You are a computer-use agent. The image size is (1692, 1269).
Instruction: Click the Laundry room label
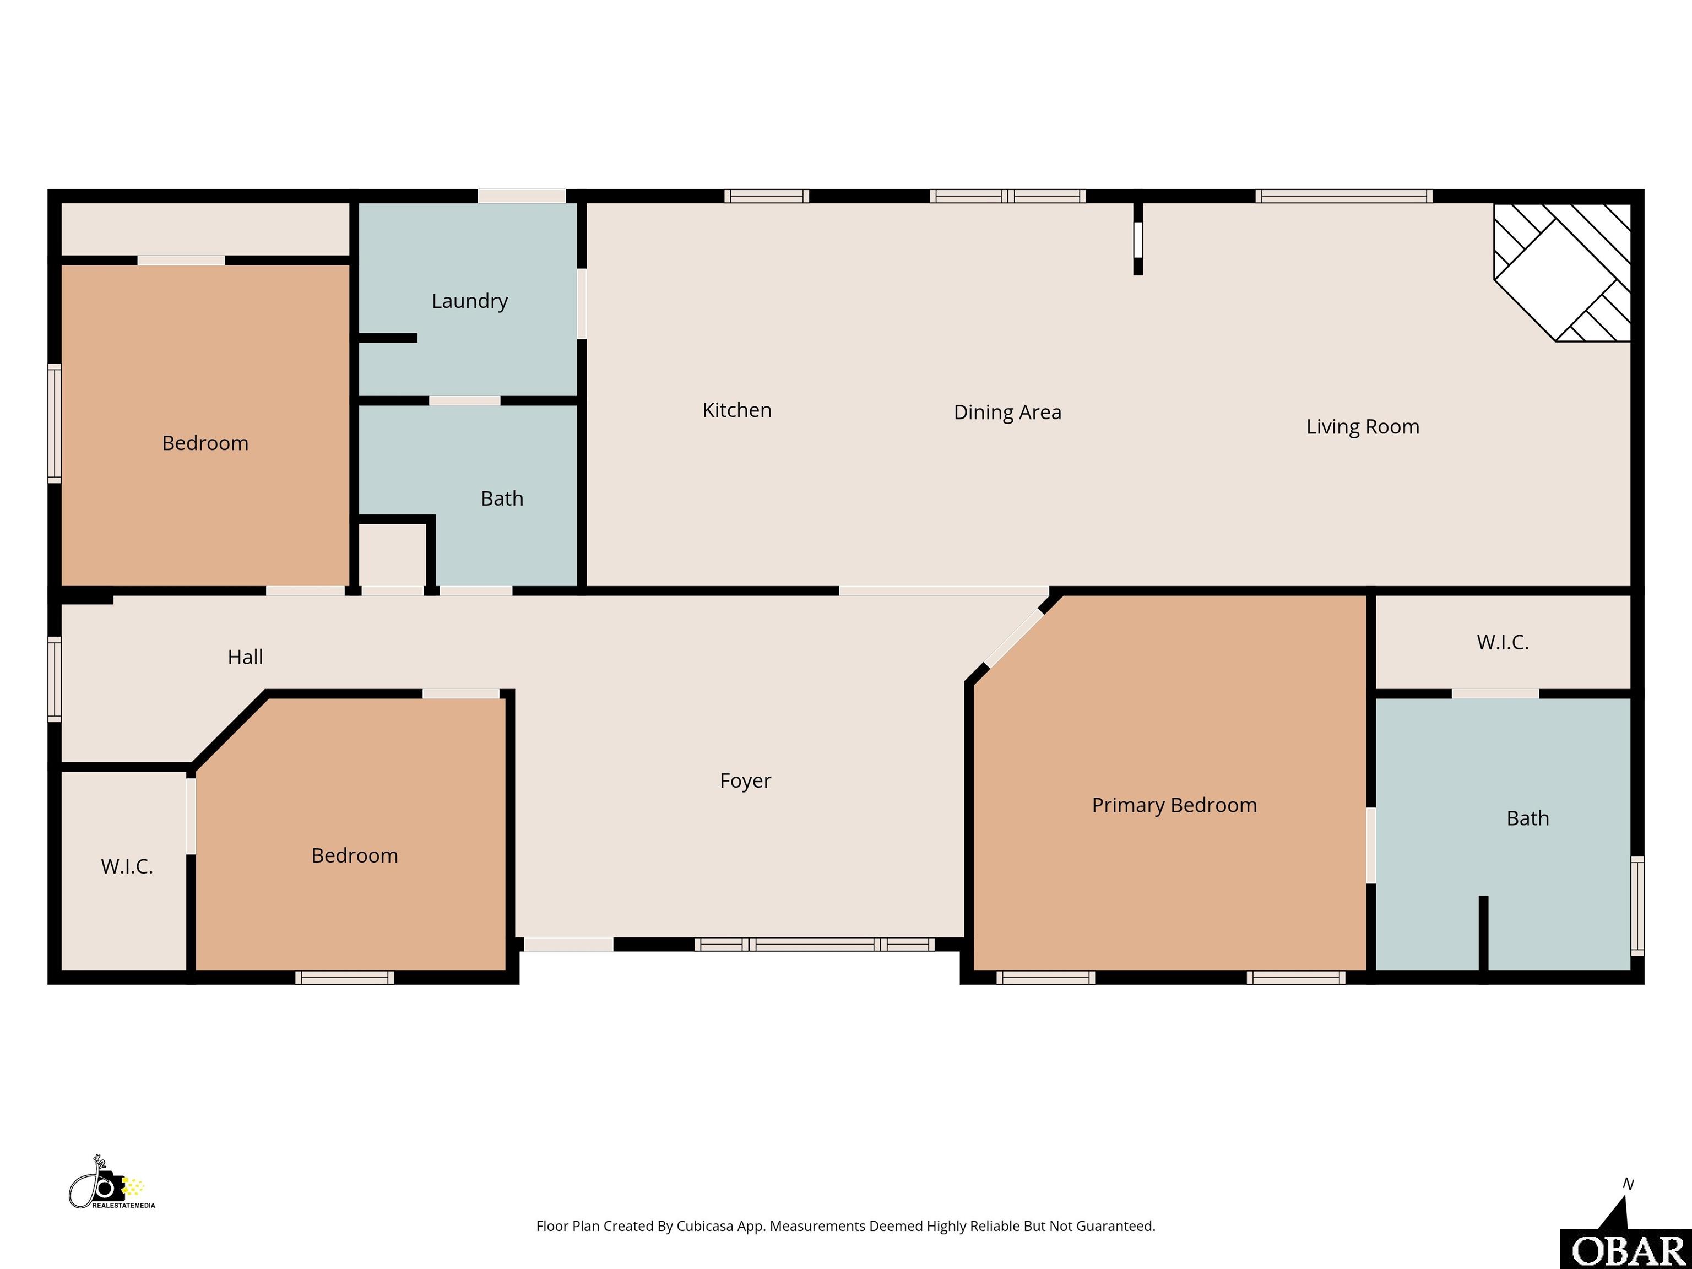click(x=470, y=301)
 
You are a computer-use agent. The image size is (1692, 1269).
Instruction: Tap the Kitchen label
click(x=736, y=410)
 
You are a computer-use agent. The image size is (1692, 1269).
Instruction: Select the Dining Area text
click(x=1007, y=413)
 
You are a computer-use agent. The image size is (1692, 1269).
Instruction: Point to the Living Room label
click(x=1362, y=427)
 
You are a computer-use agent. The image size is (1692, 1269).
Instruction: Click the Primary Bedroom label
click(x=1174, y=805)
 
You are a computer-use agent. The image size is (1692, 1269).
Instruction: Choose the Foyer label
click(x=745, y=781)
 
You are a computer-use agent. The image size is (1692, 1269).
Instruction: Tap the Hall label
click(x=245, y=657)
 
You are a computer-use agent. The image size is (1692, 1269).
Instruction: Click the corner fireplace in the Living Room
click(x=1563, y=272)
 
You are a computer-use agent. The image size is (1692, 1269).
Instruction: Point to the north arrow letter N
click(x=1629, y=1184)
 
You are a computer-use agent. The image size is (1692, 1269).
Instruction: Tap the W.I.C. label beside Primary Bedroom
click(x=1503, y=643)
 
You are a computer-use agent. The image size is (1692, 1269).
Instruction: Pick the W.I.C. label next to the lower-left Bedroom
click(x=127, y=866)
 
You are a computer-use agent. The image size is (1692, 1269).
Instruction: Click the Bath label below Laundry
click(x=502, y=498)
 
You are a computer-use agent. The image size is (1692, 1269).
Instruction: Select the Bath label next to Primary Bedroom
click(x=1527, y=818)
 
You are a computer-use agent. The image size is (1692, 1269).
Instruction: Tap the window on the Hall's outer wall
click(x=55, y=679)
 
